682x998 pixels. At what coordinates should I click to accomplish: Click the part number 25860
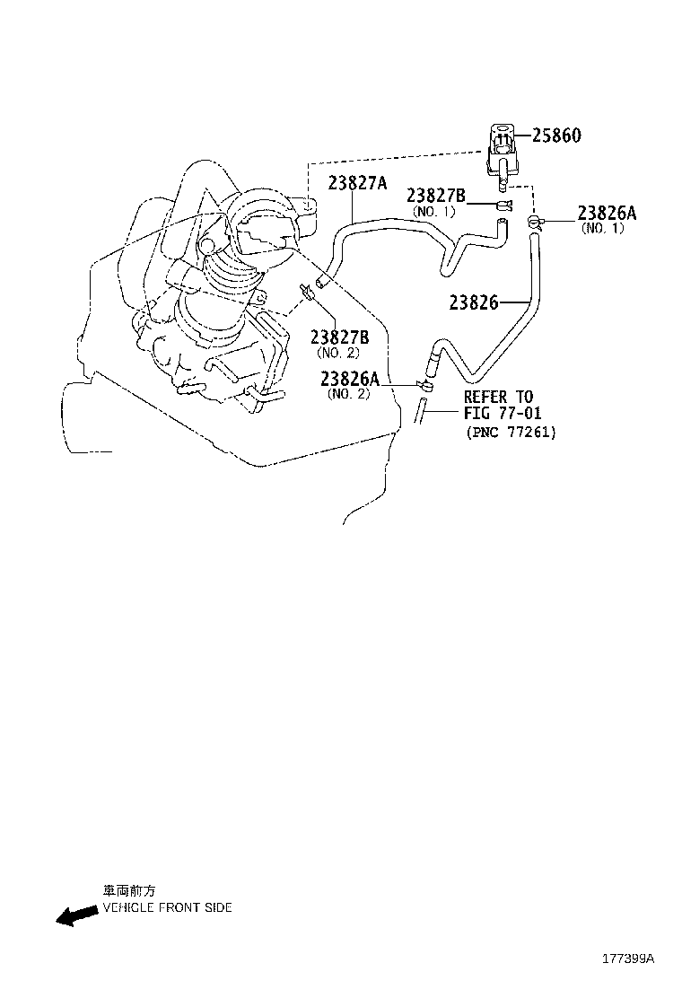point(556,135)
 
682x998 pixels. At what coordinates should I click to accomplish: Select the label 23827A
point(357,183)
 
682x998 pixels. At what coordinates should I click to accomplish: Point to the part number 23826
point(473,302)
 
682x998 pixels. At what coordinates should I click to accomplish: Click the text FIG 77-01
point(503,413)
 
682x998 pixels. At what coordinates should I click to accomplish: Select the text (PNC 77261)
point(511,433)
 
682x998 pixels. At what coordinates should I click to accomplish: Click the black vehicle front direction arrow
point(77,916)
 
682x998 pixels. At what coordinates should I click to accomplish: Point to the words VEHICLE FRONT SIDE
point(167,907)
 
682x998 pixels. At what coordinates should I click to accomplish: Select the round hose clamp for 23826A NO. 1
point(535,223)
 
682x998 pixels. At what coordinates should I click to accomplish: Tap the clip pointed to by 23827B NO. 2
point(307,291)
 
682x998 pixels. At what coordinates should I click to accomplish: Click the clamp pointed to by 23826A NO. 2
point(424,384)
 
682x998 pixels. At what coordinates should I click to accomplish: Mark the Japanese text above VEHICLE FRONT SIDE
point(129,891)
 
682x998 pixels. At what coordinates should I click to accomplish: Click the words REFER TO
point(499,398)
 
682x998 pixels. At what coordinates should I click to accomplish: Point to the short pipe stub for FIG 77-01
point(419,410)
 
